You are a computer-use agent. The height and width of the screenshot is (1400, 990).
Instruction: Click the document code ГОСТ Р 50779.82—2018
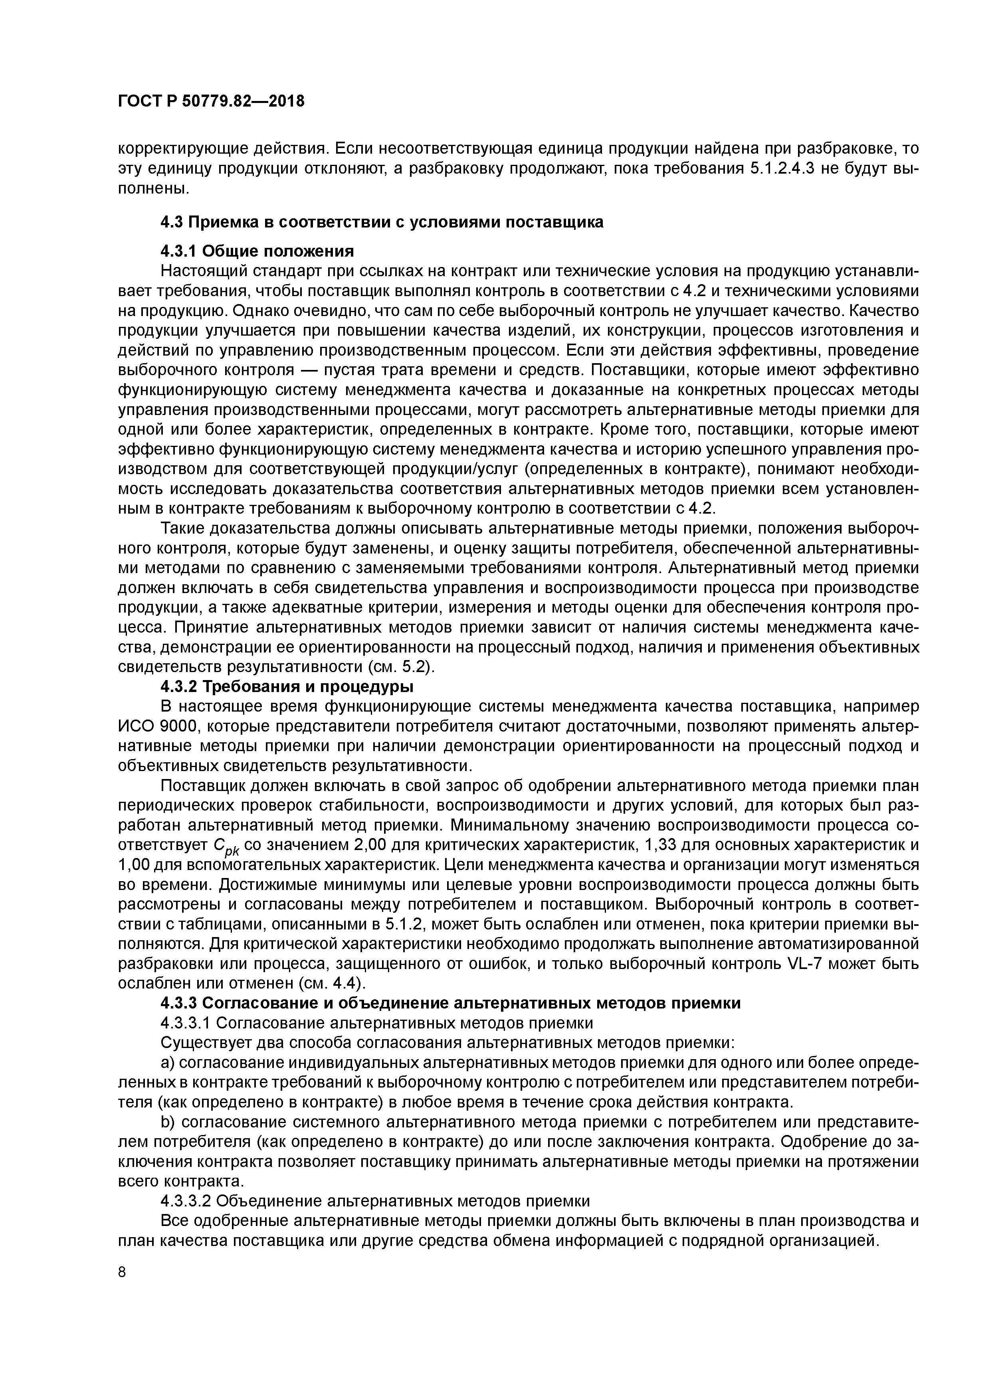tap(210, 101)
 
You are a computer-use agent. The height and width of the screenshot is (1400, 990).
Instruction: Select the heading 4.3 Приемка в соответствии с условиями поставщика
tap(382, 222)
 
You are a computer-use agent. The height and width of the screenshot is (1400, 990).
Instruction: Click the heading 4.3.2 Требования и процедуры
tap(287, 686)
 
